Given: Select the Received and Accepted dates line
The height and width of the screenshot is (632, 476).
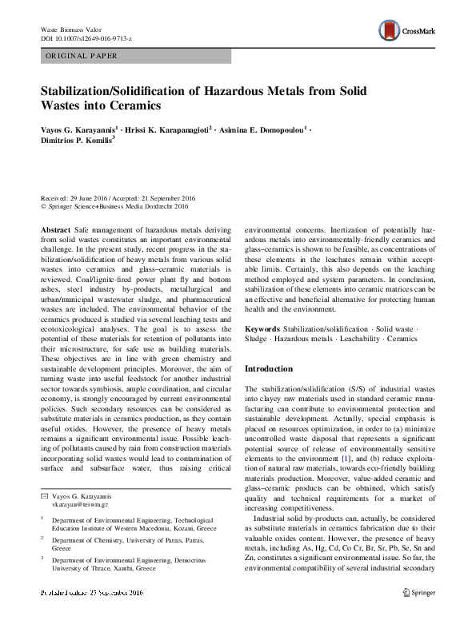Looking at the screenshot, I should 120,197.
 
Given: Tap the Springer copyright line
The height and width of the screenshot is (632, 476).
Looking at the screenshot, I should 114,206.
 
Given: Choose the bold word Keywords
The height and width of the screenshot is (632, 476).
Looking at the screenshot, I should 262,329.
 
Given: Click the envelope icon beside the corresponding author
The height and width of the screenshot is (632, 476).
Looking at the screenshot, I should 45,497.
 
